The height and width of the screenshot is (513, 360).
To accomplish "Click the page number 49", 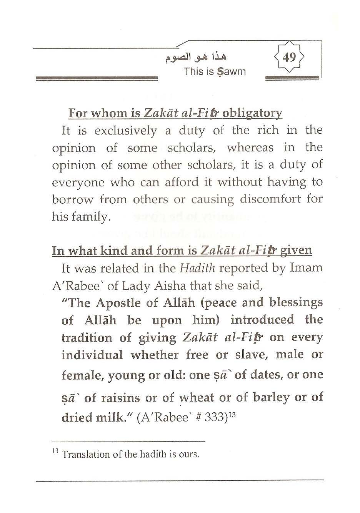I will pyautogui.click(x=289, y=58).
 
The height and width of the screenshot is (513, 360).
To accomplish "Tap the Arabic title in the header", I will pyautogui.click(x=196, y=58).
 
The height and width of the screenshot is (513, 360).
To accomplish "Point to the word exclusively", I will pyautogui.click(x=126, y=131).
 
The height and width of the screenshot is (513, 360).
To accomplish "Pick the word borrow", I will pyautogui.click(x=73, y=200).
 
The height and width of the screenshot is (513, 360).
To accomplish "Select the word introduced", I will pyautogui.click(x=262, y=320).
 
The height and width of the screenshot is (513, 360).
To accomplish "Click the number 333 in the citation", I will pyautogui.click(x=215, y=417).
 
